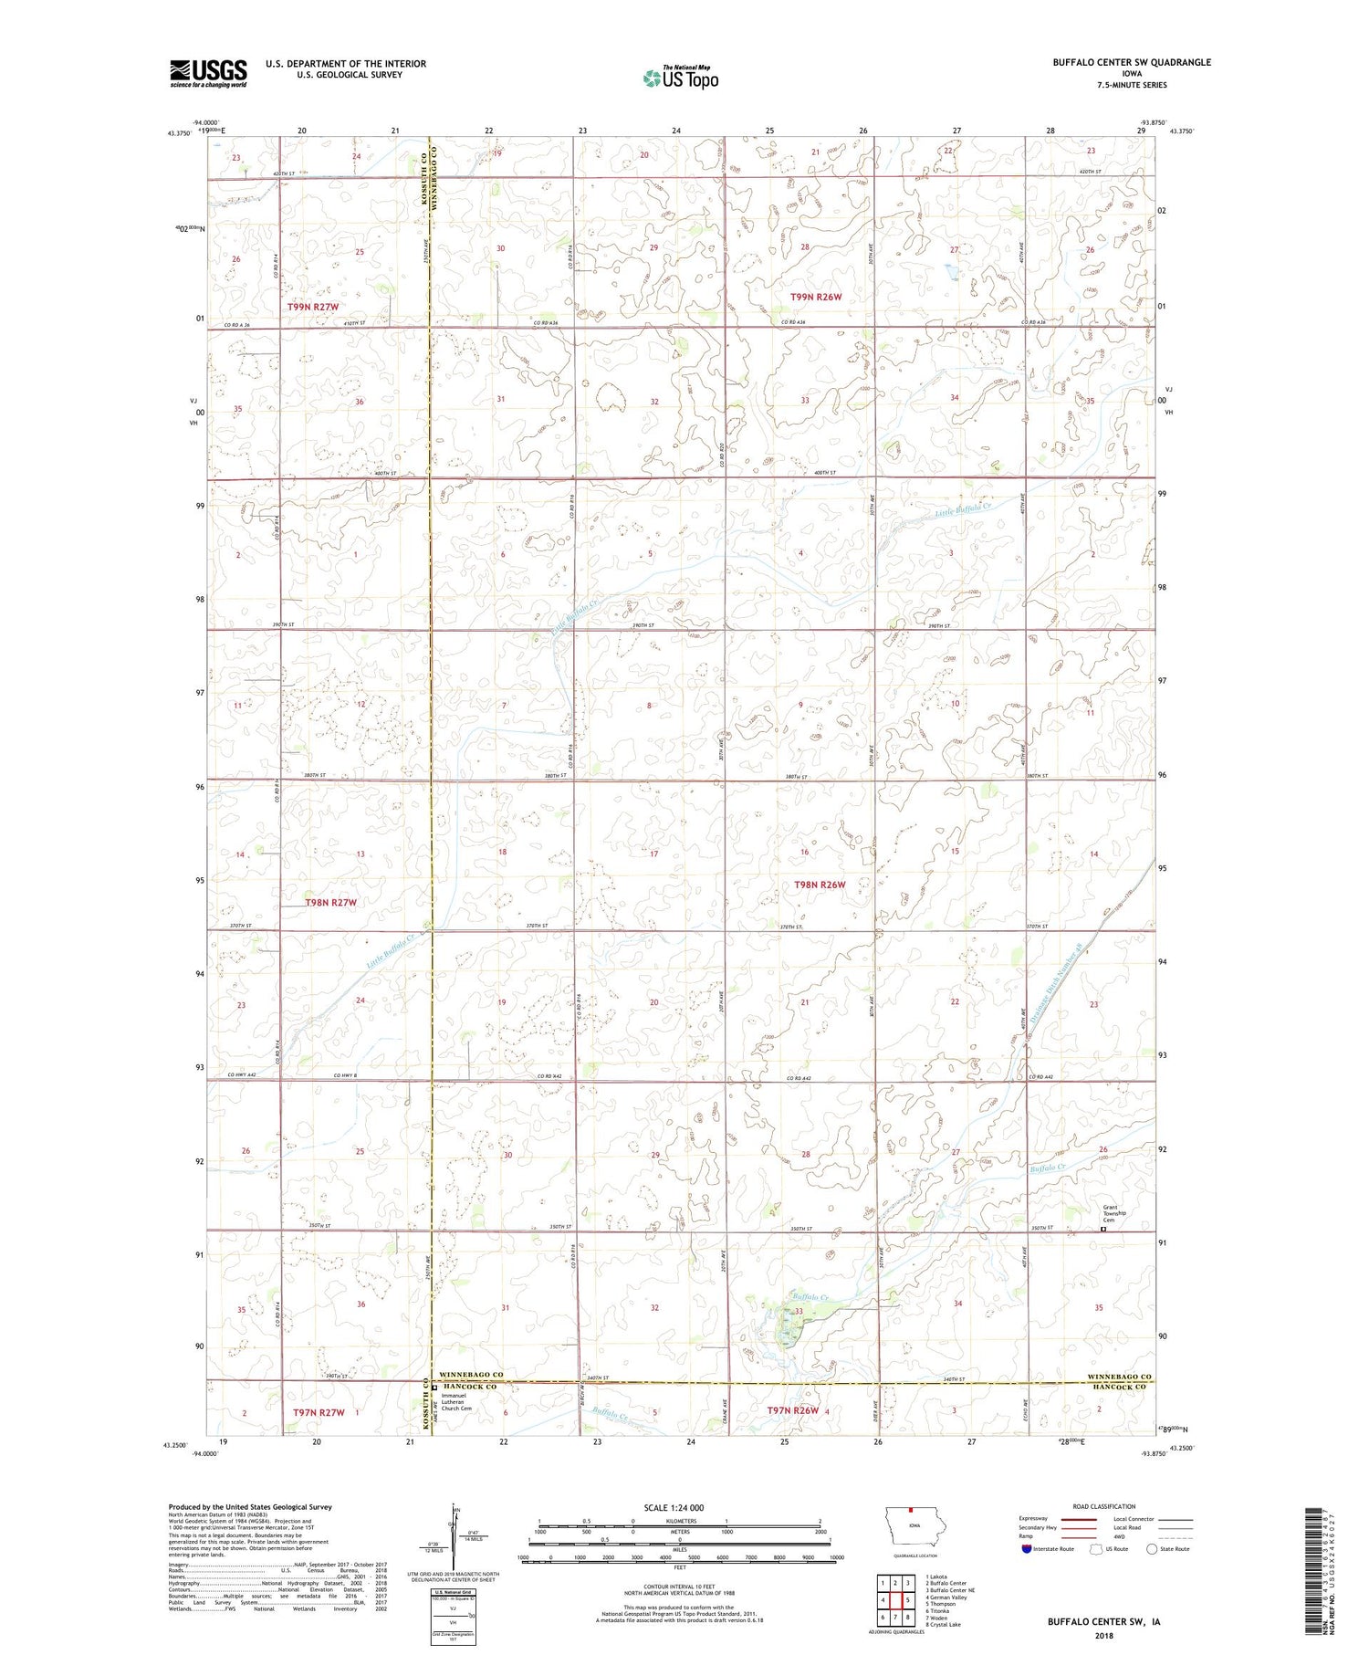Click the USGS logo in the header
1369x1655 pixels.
click(x=208, y=73)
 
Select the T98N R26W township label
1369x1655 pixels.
click(x=819, y=885)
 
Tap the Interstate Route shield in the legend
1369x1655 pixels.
click(x=1025, y=1548)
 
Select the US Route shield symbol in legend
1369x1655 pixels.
click(x=1096, y=1548)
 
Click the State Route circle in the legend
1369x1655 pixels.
click(x=1152, y=1548)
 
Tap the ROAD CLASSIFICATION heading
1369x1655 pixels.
click(x=1104, y=1506)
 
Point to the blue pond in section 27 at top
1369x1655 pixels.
click(x=952, y=271)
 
